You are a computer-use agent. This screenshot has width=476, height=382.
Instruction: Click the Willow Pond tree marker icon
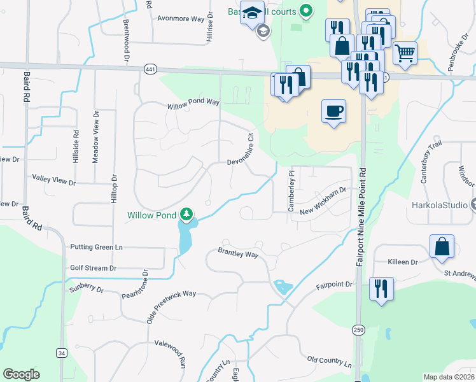[x=186, y=215]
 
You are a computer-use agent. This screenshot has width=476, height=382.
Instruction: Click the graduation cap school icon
[x=252, y=13]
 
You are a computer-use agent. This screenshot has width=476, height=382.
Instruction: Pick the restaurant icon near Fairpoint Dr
[x=381, y=289]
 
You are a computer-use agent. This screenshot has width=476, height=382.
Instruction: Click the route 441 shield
[x=150, y=69]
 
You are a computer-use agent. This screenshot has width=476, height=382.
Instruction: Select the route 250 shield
[x=359, y=329]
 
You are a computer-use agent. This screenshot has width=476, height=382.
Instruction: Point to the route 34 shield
[x=61, y=353]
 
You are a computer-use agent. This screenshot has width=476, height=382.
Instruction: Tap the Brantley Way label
[x=238, y=254]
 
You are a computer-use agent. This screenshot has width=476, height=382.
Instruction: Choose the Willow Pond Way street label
[x=193, y=104]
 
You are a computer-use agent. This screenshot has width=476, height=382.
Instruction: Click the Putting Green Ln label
[x=96, y=247]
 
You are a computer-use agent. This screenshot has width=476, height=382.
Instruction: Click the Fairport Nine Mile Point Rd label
[x=362, y=216]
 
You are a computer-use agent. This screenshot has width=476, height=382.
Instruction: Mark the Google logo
[x=21, y=374]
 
